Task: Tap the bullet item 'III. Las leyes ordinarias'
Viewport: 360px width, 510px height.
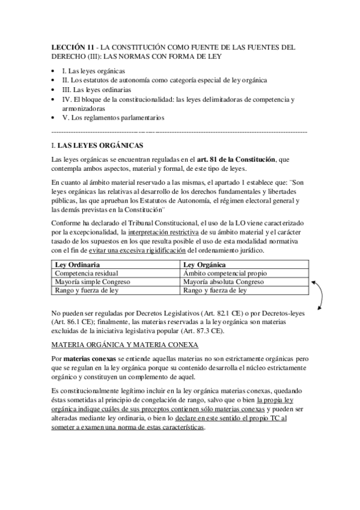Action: coord(97,90)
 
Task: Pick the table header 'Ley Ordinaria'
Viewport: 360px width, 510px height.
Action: coord(77,265)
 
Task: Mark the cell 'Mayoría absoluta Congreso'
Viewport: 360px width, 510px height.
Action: coord(222,281)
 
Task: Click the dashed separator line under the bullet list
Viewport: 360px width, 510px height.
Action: coord(180,131)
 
